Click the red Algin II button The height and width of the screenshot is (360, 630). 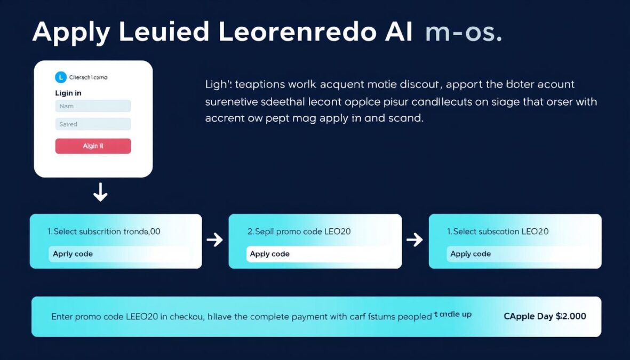click(93, 146)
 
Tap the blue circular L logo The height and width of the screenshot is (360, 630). click(61, 77)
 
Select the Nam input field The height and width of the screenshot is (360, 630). click(93, 106)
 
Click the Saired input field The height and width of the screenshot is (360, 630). click(93, 124)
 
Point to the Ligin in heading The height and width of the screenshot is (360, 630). click(68, 93)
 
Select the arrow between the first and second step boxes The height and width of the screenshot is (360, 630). click(214, 240)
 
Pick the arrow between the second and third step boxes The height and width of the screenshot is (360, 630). click(414, 240)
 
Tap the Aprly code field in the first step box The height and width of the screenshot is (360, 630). click(119, 254)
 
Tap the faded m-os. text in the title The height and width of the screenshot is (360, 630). click(463, 33)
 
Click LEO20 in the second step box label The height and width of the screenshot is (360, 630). click(337, 231)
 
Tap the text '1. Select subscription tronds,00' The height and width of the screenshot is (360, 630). click(104, 231)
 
